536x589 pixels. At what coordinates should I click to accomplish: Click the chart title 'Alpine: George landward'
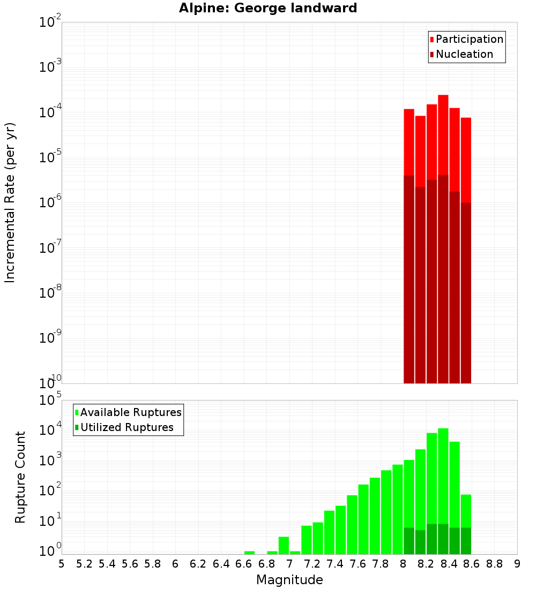[x=268, y=8]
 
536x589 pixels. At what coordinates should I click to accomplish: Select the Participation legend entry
[x=466, y=39]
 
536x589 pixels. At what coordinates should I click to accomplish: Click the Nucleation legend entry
[x=461, y=54]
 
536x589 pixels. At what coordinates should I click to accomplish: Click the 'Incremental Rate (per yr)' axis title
[x=10, y=202]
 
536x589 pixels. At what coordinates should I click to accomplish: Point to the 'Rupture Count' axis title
[x=20, y=477]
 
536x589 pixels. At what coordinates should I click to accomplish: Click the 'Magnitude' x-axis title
[x=289, y=580]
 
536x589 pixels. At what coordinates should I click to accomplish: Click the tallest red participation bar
[x=443, y=134]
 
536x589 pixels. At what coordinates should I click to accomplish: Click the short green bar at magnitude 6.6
[x=249, y=553]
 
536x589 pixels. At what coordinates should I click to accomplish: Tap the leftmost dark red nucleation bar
[x=409, y=278]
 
